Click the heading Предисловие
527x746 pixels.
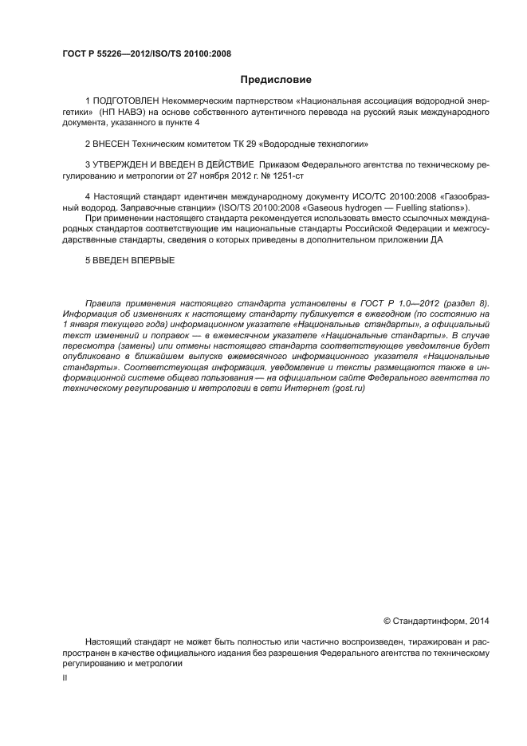tap(276, 80)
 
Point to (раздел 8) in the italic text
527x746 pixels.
tap(466, 304)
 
